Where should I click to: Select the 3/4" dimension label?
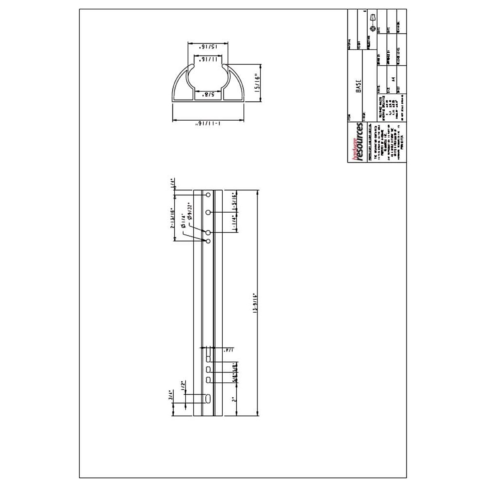tap(172, 394)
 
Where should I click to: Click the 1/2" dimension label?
tap(183, 385)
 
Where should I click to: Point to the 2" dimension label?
tap(234, 399)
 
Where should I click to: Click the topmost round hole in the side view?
tap(208, 195)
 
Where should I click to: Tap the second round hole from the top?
tap(208, 212)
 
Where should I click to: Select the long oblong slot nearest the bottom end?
tap(208, 399)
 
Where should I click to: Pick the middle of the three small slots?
tap(208, 369)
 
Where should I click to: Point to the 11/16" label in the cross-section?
tap(208, 59)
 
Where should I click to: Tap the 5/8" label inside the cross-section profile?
tap(208, 95)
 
